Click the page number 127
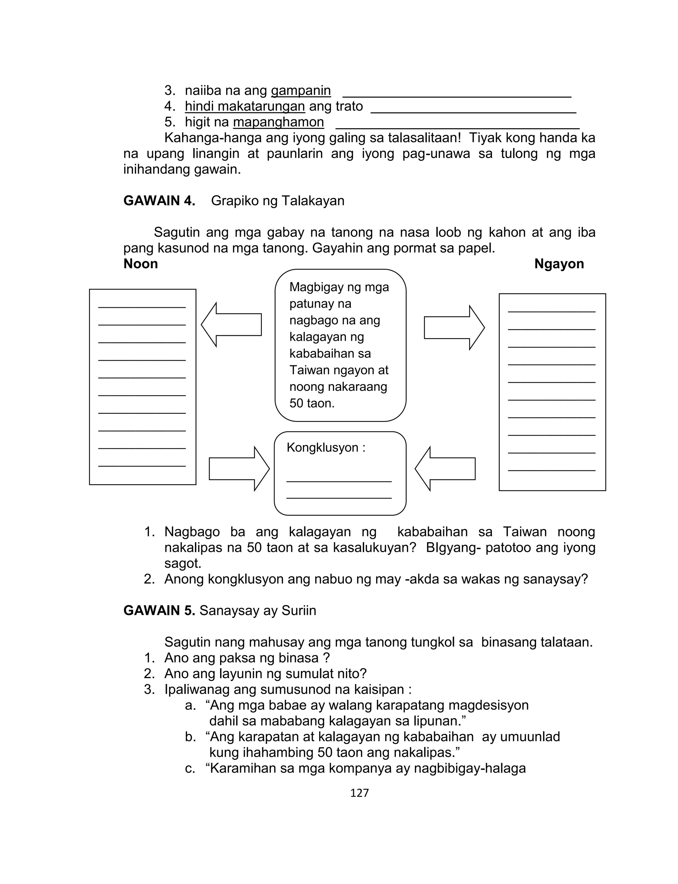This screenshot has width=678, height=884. (x=359, y=793)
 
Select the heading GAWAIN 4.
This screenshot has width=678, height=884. (x=159, y=201)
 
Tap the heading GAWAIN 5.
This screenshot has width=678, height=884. (x=159, y=610)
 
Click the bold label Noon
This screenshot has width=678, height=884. (x=140, y=264)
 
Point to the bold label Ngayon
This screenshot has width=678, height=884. (x=559, y=264)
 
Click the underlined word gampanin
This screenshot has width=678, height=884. (x=301, y=90)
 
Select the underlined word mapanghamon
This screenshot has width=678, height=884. (x=278, y=122)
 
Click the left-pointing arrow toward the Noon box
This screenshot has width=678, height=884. (x=232, y=325)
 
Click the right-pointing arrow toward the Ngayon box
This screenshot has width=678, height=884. (x=454, y=327)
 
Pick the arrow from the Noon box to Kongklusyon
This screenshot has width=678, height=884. (x=239, y=469)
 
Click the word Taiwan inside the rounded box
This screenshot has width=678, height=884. (x=306, y=370)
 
